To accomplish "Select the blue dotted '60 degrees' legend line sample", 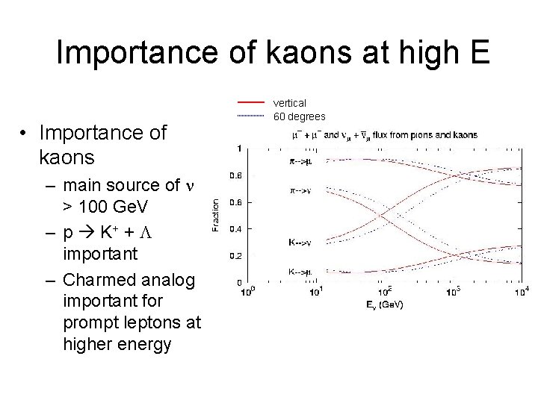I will click(251, 116).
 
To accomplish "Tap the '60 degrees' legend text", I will click(300, 116).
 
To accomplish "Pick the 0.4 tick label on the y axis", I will click(234, 229).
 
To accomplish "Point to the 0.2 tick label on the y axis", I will click(234, 256).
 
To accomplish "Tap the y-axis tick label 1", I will click(238, 149).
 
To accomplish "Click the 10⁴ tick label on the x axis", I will click(523, 291).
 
